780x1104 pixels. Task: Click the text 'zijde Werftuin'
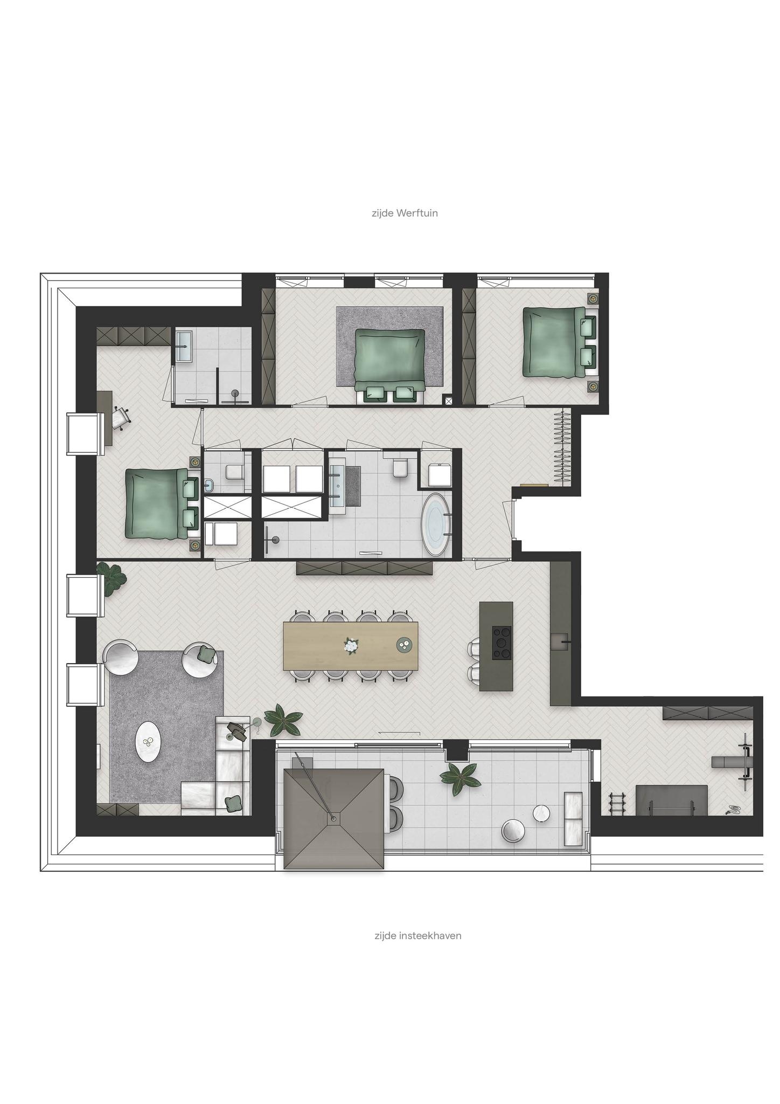[x=405, y=213]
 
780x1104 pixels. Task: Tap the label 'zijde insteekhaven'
[x=417, y=936]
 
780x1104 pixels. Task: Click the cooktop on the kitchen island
[x=503, y=642]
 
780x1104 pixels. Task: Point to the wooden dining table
[x=351, y=646]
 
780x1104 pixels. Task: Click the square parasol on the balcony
[x=334, y=819]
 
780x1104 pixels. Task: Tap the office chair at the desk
[x=121, y=418]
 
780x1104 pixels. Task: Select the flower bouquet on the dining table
[x=351, y=645]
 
